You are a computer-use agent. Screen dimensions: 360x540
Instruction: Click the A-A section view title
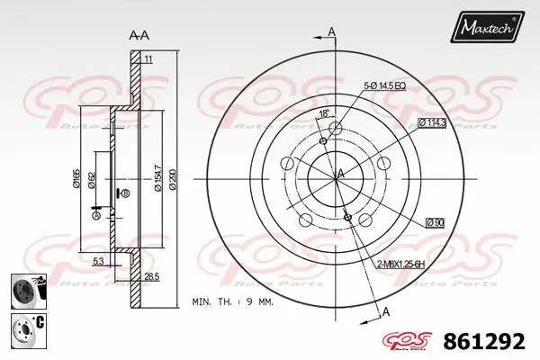tap(139, 35)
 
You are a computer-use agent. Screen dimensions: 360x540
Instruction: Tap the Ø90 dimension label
tap(436, 222)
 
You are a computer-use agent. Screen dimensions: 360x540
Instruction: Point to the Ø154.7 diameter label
tap(157, 177)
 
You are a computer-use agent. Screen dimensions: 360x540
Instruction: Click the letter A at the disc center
tap(339, 172)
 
